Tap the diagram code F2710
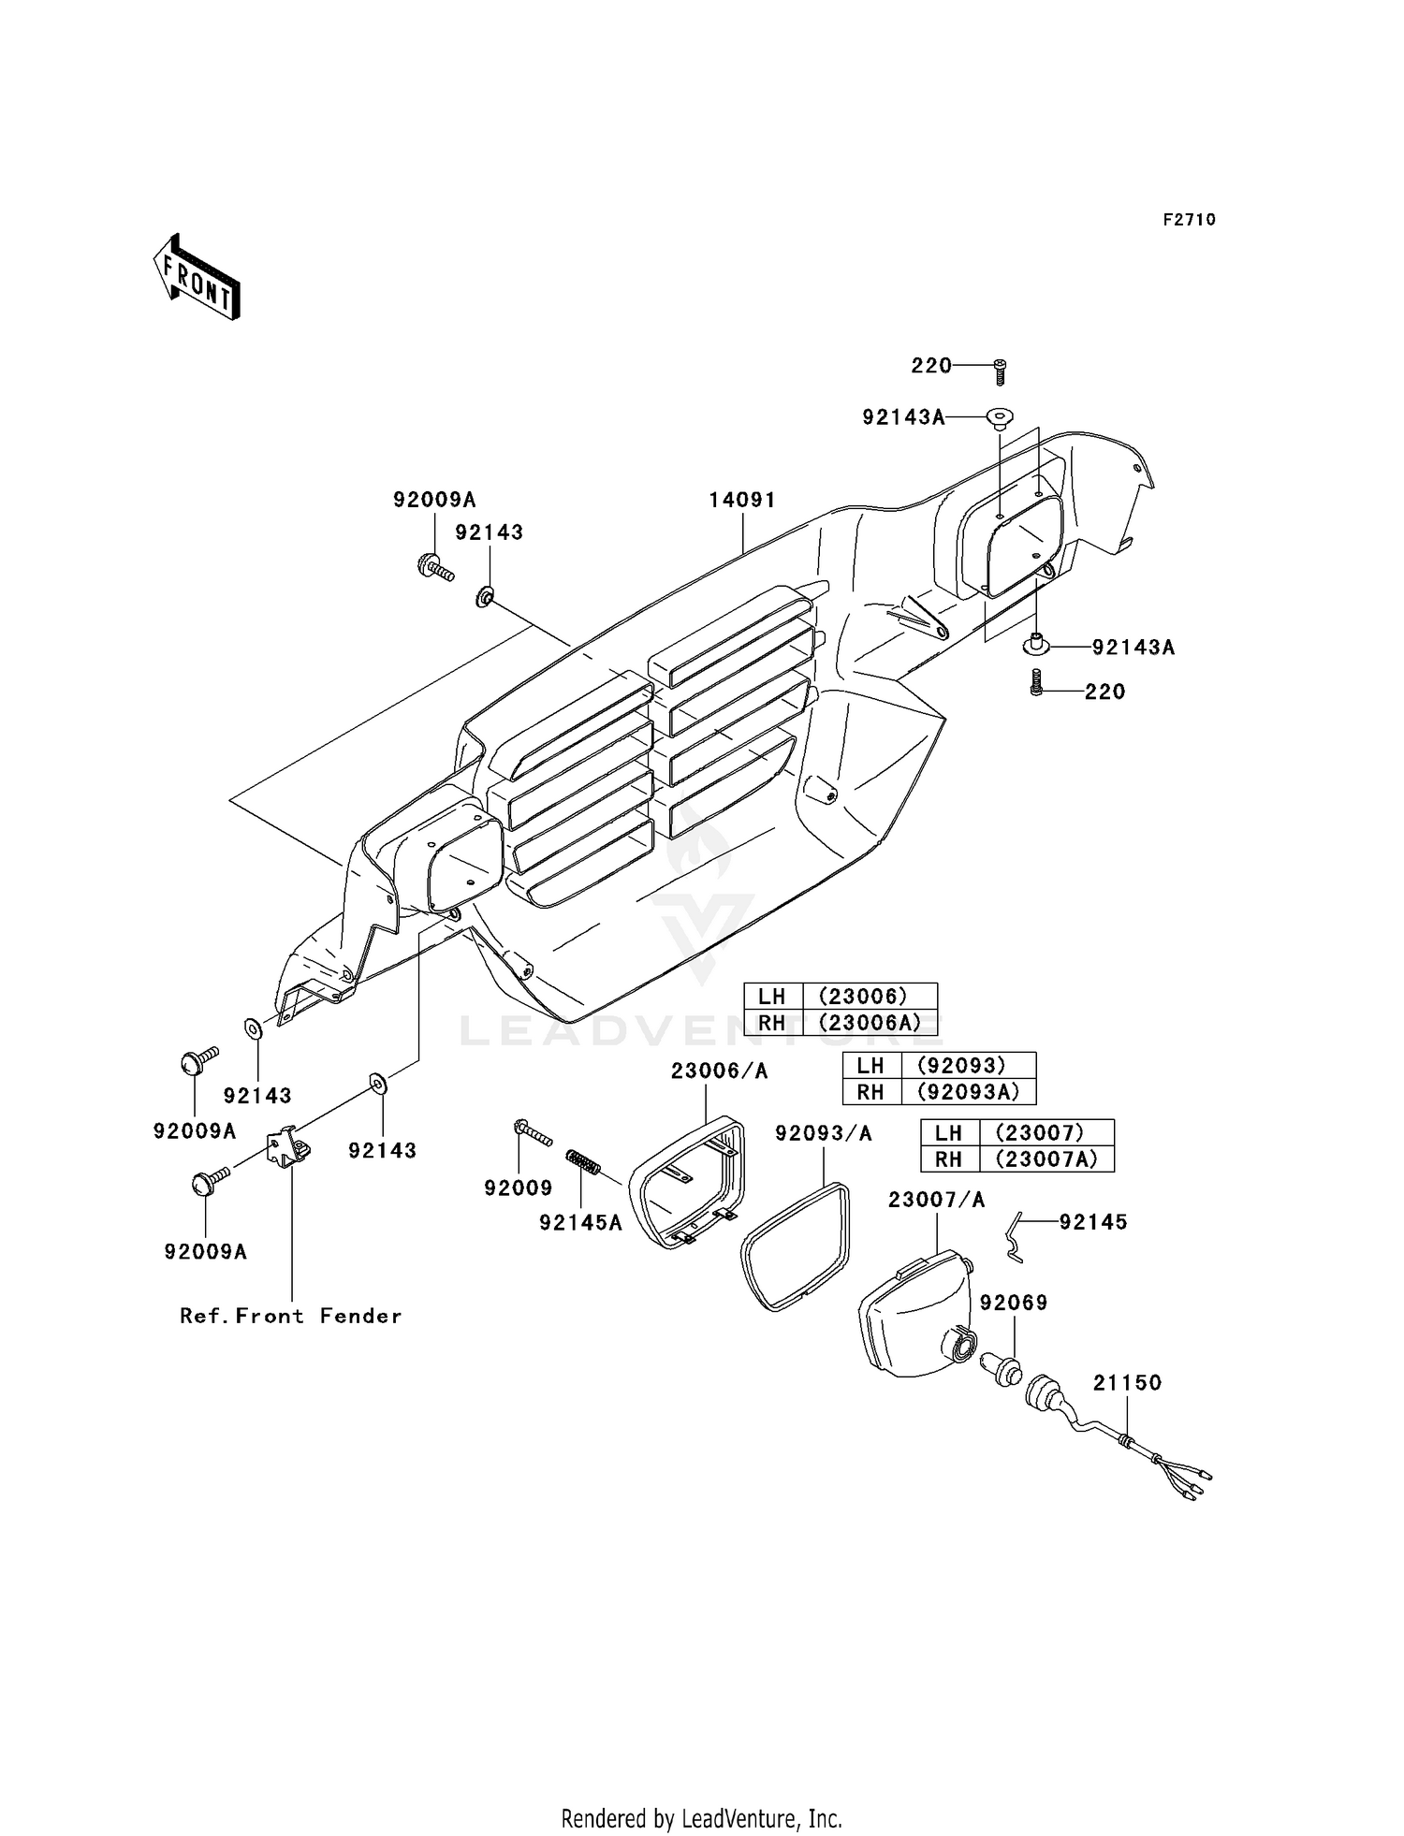[x=1190, y=220]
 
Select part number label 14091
[x=742, y=500]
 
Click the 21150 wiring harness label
[x=1127, y=1382]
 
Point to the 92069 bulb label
[x=1014, y=1303]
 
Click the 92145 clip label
[x=1093, y=1222]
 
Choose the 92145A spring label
[x=580, y=1222]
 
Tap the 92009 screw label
[x=519, y=1188]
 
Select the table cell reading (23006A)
[x=870, y=1023]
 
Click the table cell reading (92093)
[x=961, y=1065]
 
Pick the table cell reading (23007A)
[x=1046, y=1159]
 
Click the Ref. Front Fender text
[x=291, y=1316]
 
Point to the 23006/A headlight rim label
[x=719, y=1071]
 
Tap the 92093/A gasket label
[x=824, y=1134]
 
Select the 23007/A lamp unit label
[x=937, y=1200]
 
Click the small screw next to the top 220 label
[x=1000, y=372]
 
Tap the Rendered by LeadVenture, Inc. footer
[x=702, y=1818]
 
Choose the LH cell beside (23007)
[x=949, y=1133]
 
